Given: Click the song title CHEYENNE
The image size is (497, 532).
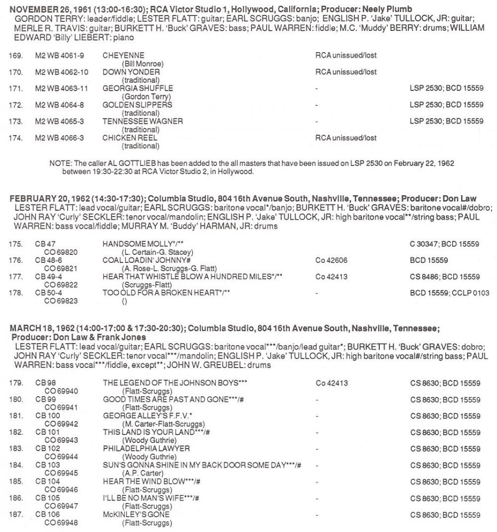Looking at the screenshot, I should [x=123, y=55].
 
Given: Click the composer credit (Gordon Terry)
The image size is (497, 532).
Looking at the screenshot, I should [x=142, y=96].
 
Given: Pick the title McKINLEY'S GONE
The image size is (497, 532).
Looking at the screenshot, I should [x=136, y=514].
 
